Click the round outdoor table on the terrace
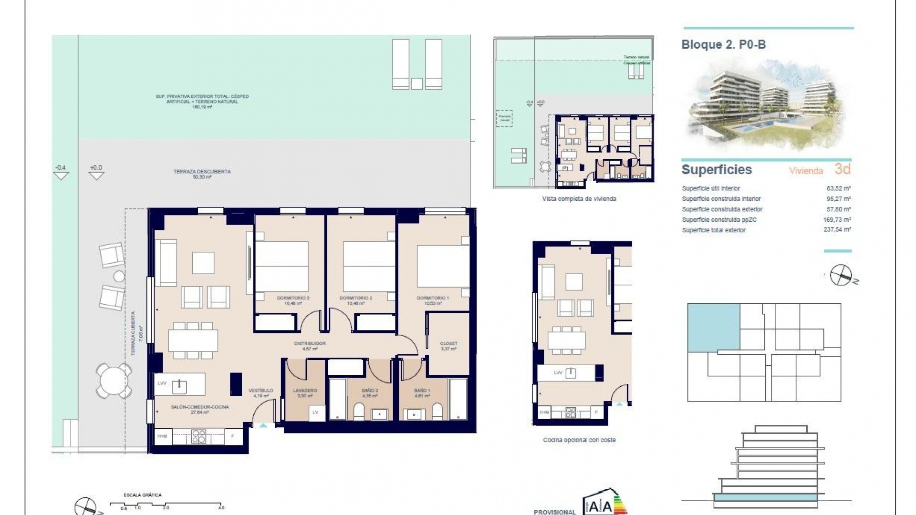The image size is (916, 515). [x=114, y=381]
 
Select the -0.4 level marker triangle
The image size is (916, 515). [x=61, y=175]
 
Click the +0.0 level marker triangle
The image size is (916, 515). [x=96, y=175]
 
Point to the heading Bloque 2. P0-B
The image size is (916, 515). [x=723, y=45]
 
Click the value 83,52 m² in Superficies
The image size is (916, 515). [x=839, y=188]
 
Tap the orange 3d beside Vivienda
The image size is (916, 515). [x=843, y=169]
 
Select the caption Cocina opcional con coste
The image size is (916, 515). [x=579, y=440]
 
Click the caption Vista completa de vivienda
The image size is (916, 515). [x=579, y=199]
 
